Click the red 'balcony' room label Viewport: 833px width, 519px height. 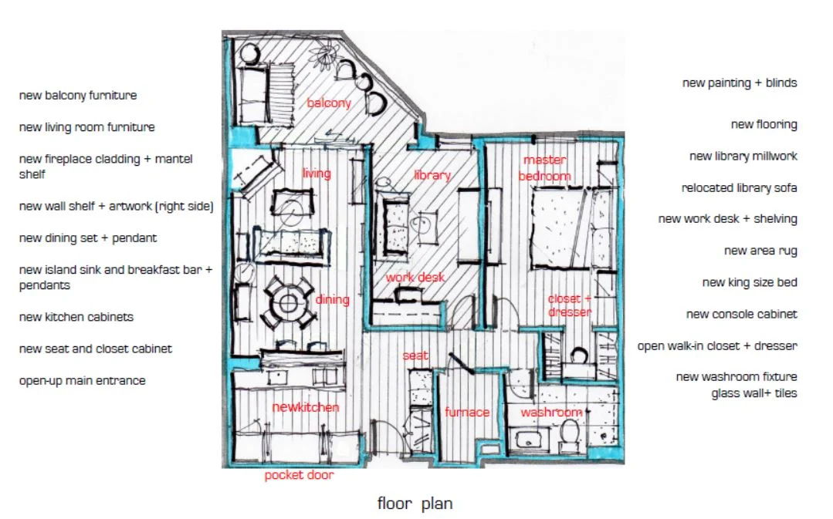[x=329, y=103]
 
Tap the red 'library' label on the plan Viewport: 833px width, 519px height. [x=432, y=175]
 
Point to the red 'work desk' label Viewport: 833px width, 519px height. [x=415, y=277]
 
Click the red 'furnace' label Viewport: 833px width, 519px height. [x=467, y=413]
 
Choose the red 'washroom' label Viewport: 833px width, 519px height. [x=550, y=413]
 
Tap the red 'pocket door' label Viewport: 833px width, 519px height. [x=299, y=475]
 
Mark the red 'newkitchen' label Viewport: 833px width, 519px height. [x=306, y=407]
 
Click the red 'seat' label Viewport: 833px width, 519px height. [x=415, y=356]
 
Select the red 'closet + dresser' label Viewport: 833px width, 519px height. [x=570, y=305]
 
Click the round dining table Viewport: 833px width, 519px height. [x=289, y=302]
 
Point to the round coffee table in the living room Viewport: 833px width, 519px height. [x=293, y=207]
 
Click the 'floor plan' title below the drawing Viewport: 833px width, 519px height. [x=415, y=504]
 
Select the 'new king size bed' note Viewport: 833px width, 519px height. [x=749, y=282]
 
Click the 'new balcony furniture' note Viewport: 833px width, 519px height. [x=78, y=96]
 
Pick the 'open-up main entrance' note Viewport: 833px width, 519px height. [x=83, y=381]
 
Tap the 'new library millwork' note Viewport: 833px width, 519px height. [x=743, y=157]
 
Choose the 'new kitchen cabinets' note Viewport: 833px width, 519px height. [x=76, y=317]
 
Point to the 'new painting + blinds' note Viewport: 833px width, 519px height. [x=739, y=83]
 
